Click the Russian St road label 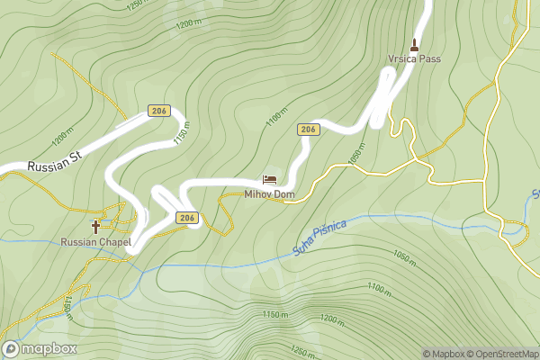54,161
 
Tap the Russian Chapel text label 96,242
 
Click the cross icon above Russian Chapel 96,226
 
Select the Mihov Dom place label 269,194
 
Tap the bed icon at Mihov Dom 269,180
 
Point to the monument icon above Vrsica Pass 415,42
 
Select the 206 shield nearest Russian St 159,112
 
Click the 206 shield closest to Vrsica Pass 308,130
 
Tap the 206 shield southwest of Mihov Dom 186,218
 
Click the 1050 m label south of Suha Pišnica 404,257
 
